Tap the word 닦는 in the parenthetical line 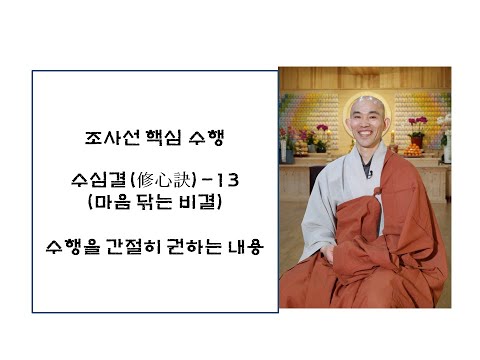[x=146, y=204]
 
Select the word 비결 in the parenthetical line [x=192, y=204]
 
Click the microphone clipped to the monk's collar [x=369, y=176]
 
